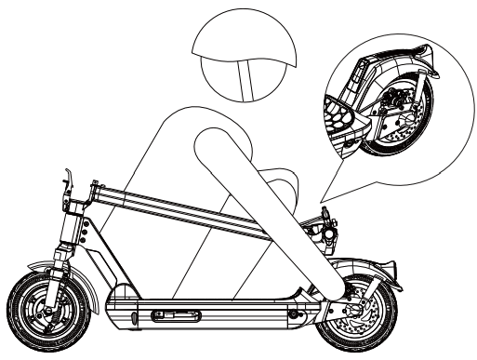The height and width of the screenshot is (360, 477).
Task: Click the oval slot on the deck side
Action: [x=172, y=318]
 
